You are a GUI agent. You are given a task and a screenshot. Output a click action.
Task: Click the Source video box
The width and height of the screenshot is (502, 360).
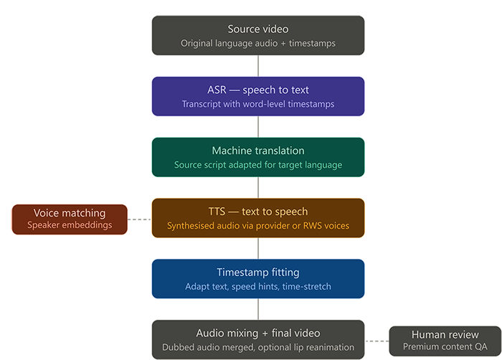(258, 36)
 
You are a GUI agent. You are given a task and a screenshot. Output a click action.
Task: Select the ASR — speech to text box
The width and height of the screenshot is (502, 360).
(258, 97)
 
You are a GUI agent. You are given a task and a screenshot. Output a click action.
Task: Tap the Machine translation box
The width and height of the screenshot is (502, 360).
(258, 158)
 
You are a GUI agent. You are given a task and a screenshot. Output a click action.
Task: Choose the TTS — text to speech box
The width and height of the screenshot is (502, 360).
(258, 218)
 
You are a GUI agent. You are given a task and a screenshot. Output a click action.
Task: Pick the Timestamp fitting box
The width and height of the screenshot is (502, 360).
(258, 279)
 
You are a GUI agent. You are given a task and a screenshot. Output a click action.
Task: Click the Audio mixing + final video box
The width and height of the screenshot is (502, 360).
(258, 340)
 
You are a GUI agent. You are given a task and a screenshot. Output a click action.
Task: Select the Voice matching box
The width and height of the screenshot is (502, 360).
(70, 219)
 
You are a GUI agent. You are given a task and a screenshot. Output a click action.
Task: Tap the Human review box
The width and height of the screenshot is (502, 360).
(445, 341)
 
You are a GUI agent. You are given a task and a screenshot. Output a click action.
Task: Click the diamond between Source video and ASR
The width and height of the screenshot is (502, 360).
(258, 66)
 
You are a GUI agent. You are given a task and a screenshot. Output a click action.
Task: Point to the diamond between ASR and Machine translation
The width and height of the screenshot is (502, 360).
(258, 127)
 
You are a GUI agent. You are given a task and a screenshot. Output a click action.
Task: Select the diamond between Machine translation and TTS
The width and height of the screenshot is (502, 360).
(258, 188)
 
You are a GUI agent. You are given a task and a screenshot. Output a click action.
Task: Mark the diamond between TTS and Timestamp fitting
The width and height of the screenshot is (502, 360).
(258, 249)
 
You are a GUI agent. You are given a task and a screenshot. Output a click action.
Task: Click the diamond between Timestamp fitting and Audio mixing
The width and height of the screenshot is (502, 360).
(258, 310)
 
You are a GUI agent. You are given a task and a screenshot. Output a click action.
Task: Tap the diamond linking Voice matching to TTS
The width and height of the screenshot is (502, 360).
(139, 219)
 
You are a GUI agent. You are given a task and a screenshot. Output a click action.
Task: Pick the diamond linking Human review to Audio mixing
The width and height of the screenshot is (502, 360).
(376, 340)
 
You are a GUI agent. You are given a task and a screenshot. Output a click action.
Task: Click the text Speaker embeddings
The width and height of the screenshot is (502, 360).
(70, 225)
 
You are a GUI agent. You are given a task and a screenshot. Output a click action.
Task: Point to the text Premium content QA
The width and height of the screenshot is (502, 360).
(445, 347)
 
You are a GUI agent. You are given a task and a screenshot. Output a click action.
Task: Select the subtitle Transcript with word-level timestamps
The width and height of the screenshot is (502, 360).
(258, 104)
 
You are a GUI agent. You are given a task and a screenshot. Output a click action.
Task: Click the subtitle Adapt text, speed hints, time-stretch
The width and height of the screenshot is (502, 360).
(258, 287)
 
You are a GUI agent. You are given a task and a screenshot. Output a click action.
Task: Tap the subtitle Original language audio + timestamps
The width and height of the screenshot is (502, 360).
(258, 44)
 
